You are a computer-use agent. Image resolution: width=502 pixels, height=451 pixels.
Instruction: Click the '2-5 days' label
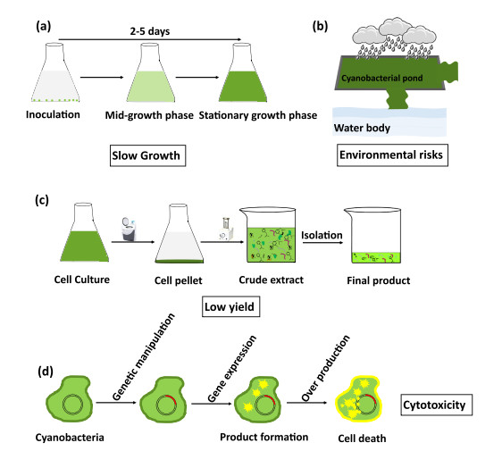pyautogui.click(x=150, y=31)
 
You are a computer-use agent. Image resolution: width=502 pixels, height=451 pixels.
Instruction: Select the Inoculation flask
pyautogui.click(x=55, y=72)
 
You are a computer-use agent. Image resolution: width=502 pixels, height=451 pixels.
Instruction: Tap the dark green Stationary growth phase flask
pyautogui.click(x=243, y=72)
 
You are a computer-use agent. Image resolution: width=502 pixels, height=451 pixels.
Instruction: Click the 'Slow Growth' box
pyautogui.click(x=147, y=155)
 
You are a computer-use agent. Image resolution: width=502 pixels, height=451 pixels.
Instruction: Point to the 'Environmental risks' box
pyautogui.click(x=392, y=155)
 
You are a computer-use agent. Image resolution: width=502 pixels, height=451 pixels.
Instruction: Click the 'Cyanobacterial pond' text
pyautogui.click(x=382, y=78)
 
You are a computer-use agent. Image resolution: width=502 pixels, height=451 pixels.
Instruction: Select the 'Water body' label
pyautogui.click(x=362, y=128)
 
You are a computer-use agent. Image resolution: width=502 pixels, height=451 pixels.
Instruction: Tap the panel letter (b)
pyautogui.click(x=320, y=26)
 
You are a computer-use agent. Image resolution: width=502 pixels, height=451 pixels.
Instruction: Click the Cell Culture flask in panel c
pyautogui.click(x=84, y=232)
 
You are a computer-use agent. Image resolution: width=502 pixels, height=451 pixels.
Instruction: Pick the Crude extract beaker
pyautogui.click(x=268, y=235)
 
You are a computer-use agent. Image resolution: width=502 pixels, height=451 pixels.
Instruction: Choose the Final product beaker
pyautogui.click(x=372, y=236)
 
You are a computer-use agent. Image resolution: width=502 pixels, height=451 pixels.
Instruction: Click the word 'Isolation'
pyautogui.click(x=322, y=235)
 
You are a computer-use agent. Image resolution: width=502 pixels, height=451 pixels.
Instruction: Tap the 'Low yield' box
pyautogui.click(x=230, y=306)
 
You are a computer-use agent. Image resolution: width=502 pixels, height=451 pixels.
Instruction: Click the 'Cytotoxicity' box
pyautogui.click(x=437, y=405)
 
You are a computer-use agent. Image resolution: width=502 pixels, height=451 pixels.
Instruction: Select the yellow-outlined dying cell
pyautogui.click(x=358, y=399)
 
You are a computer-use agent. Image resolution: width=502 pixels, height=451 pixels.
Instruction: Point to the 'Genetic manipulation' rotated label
pyautogui.click(x=144, y=356)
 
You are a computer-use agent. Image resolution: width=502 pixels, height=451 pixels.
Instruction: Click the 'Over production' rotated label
pyautogui.click(x=325, y=368)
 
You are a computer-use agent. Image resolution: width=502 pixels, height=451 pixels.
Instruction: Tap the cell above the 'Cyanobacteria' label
pyautogui.click(x=70, y=399)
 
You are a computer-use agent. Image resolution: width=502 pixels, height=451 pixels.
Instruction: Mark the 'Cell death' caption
pyautogui.click(x=362, y=438)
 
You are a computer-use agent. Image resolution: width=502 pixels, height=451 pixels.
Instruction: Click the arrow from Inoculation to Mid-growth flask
pyautogui.click(x=102, y=77)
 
